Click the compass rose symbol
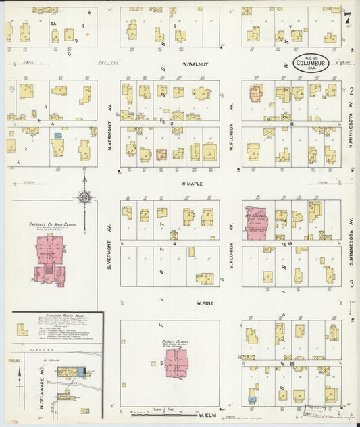pos(84,197)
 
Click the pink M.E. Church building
pos(257,222)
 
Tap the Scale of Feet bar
pos(156,412)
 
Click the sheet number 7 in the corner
pos(346,18)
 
